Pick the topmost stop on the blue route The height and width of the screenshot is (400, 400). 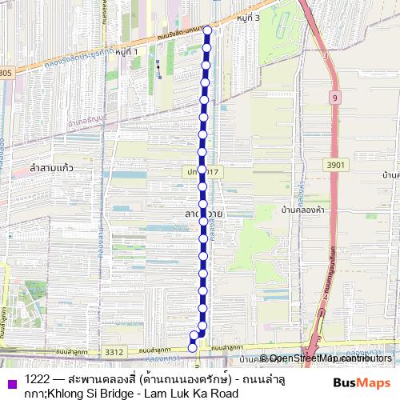click(207, 32)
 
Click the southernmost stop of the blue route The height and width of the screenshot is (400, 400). click(192, 346)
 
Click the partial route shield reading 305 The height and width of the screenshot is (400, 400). click(6, 73)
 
